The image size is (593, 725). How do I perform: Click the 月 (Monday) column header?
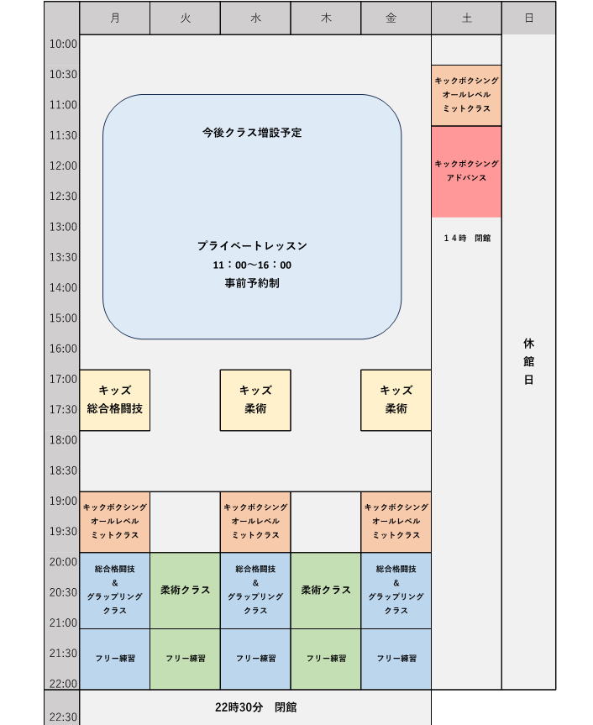point(114,18)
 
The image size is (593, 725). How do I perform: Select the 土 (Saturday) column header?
point(466,18)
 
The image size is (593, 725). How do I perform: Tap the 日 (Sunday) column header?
point(528,18)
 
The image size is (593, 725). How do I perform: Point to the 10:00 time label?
point(64,44)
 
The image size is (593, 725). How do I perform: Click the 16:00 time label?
point(64,349)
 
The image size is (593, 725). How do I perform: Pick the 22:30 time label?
point(64,717)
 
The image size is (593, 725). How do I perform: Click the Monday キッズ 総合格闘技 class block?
point(114,400)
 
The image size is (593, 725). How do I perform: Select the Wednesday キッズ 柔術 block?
point(255,400)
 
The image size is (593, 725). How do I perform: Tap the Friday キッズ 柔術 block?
point(396,400)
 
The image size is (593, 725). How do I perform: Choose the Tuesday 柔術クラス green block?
point(185,590)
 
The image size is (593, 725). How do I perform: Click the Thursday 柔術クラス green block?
point(326,590)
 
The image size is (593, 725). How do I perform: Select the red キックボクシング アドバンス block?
point(466,171)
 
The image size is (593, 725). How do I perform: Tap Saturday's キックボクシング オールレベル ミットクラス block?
point(466,95)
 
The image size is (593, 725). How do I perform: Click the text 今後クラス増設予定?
point(252,133)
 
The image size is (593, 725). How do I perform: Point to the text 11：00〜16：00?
point(252,265)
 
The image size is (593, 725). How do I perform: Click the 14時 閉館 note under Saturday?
point(467,238)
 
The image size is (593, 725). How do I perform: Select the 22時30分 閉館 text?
point(255,707)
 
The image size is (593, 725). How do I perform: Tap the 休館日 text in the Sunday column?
point(528,361)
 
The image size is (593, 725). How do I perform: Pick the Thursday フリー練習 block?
point(326,659)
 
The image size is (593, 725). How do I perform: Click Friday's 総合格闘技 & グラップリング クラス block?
point(396,590)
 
